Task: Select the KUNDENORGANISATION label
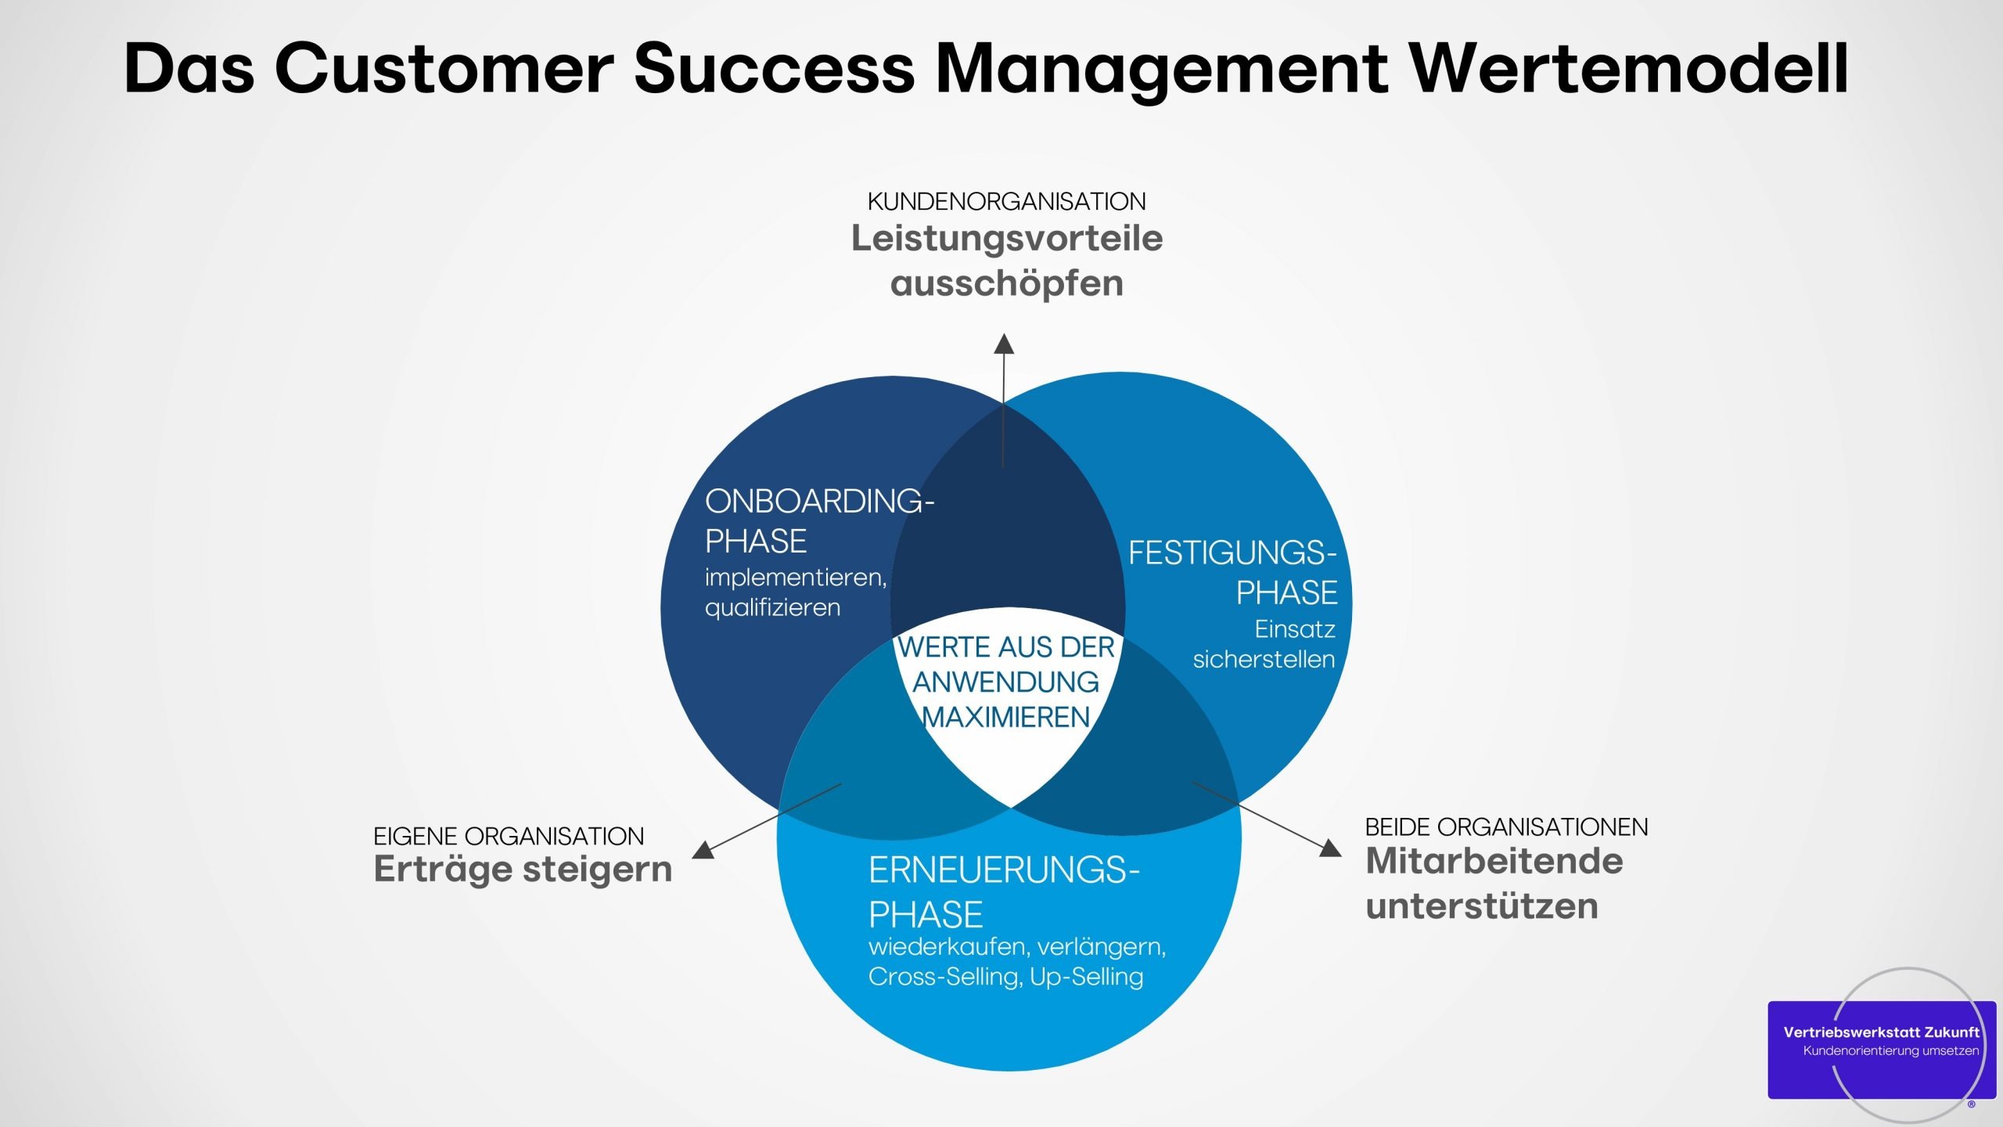pos(1006,202)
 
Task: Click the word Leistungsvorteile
pos(1006,239)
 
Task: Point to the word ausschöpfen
pos(1006,283)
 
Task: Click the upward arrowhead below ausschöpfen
pos(1004,344)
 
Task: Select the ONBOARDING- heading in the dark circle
pos(819,502)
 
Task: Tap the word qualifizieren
pos(772,608)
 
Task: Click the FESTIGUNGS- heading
pos(1232,553)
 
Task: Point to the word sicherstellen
pos(1264,660)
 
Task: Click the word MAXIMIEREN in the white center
pos(1006,717)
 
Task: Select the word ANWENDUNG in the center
pos(1006,682)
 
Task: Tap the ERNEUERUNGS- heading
pos(1003,870)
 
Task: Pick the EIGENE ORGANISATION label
pos(509,837)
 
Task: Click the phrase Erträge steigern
pos(523,870)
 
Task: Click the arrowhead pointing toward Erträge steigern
pos(704,850)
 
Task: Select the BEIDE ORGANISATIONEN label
pos(1506,827)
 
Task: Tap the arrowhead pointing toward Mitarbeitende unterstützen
pos(1330,848)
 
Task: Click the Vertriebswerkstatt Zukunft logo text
pos(1881,1032)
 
